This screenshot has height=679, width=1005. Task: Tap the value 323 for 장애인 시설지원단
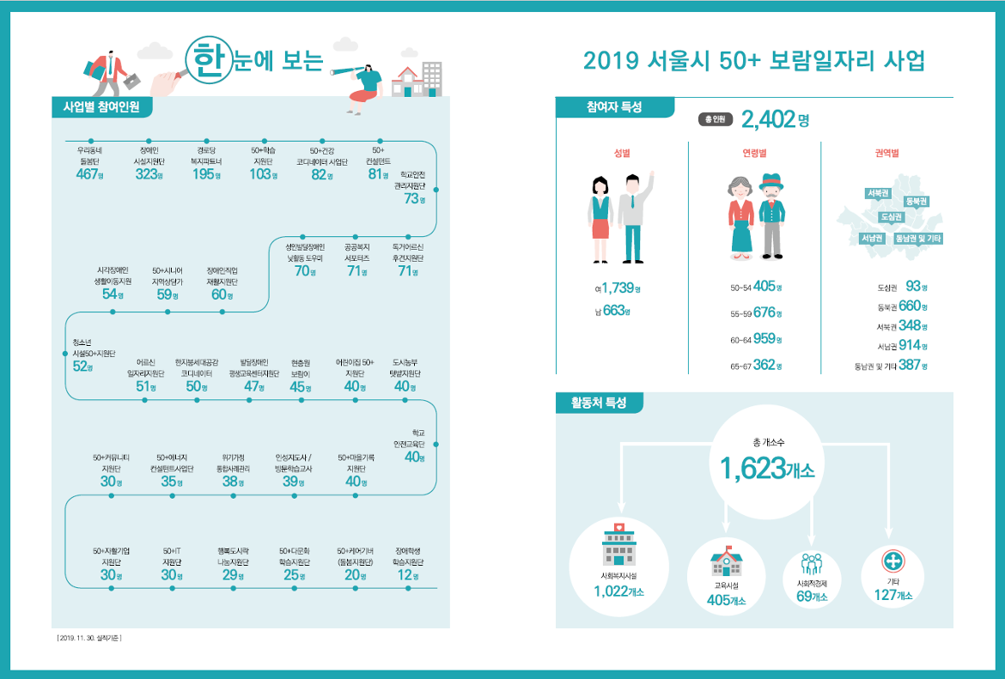coord(146,174)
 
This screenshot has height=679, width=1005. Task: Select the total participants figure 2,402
coord(768,119)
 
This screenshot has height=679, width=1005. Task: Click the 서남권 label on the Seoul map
coord(873,238)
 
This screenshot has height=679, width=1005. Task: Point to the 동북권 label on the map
coord(917,201)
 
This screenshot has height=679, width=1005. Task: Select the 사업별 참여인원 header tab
coord(101,107)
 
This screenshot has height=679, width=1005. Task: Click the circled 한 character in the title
coord(205,61)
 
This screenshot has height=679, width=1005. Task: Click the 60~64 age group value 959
coord(763,338)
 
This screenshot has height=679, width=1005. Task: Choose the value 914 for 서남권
coord(909,345)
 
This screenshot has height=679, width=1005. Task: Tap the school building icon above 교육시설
coord(725,561)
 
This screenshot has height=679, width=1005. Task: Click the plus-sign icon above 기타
coord(892,561)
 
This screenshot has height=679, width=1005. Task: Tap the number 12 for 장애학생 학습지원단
coord(402,576)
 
